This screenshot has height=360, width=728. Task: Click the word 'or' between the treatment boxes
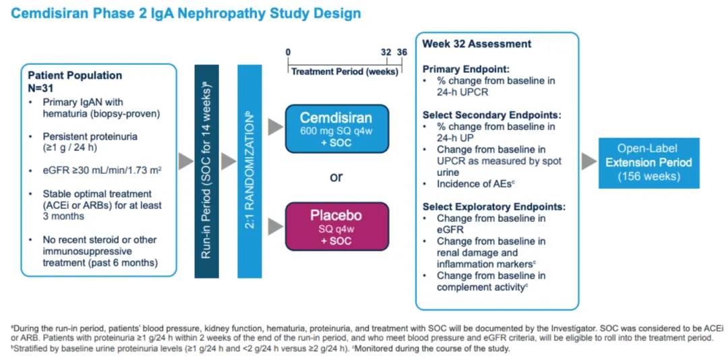[336, 177]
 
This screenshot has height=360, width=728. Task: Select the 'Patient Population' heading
[75, 76]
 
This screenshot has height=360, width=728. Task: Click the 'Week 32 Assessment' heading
[477, 44]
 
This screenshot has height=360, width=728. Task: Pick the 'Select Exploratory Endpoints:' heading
[494, 207]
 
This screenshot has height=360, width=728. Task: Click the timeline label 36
[402, 52]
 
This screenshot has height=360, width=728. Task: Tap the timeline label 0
[288, 52]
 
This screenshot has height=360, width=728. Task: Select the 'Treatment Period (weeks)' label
[344, 71]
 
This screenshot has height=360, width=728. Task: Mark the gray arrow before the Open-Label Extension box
[589, 161]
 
